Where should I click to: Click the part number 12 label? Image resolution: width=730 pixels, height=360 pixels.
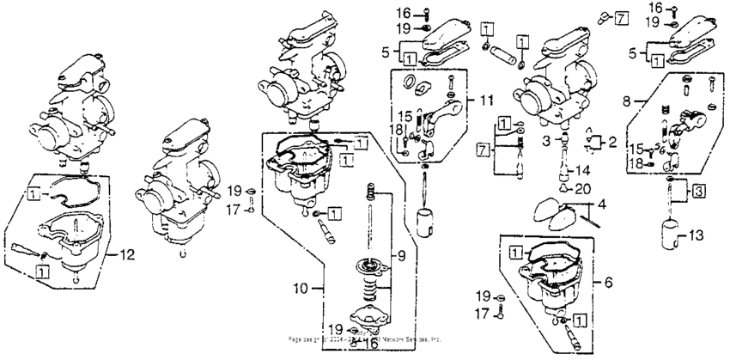[127, 253]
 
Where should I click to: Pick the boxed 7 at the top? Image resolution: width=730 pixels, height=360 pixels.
[621, 17]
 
